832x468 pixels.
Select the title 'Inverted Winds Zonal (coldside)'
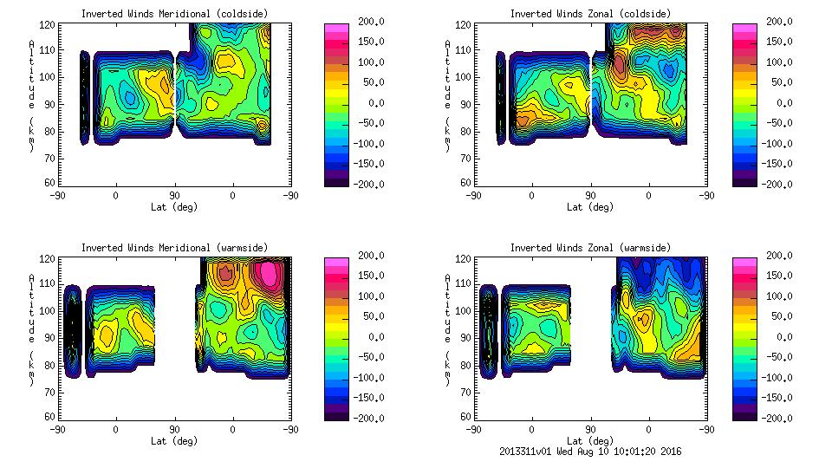[x=590, y=13]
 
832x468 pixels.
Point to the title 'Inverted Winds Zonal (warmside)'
[x=590, y=247]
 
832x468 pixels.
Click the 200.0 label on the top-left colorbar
[x=370, y=22]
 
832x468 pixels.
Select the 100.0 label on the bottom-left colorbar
[x=370, y=296]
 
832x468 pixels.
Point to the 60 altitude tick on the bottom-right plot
[x=466, y=417]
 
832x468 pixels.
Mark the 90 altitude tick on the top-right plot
[x=466, y=104]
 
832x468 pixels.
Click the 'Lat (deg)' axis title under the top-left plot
[x=174, y=207]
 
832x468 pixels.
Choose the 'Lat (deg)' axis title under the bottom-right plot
[x=591, y=440]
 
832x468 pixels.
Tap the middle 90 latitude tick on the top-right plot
[x=591, y=196]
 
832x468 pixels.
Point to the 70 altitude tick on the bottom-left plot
[x=51, y=391]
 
